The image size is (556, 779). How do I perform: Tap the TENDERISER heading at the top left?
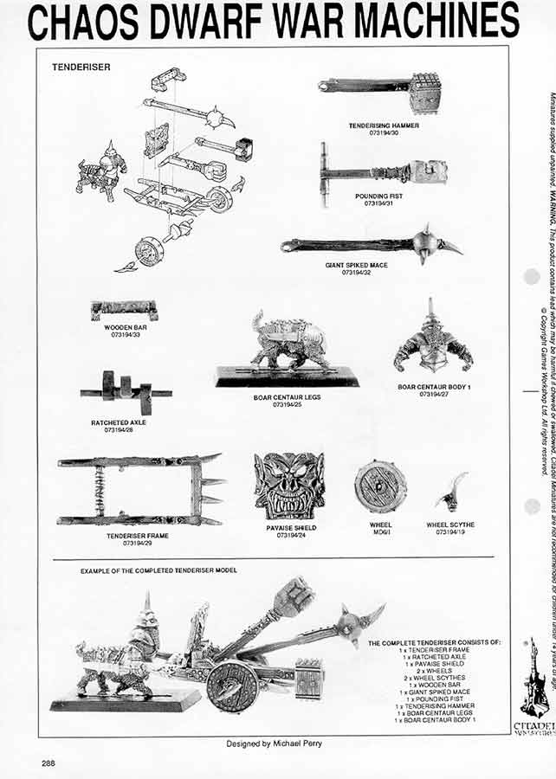click(81, 68)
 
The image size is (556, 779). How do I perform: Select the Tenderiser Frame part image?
click(139, 491)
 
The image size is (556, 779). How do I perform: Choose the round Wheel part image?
click(380, 486)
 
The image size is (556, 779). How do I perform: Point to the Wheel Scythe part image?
click(451, 493)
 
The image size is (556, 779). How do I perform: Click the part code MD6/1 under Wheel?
click(380, 531)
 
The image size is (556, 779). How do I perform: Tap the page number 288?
click(50, 763)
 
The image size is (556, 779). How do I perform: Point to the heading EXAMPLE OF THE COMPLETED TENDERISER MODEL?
click(158, 571)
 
